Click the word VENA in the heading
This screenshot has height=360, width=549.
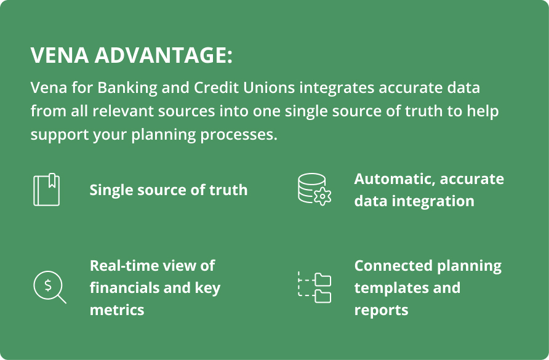(57, 55)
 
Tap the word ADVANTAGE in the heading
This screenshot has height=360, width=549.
(160, 55)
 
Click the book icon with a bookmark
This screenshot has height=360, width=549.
(47, 190)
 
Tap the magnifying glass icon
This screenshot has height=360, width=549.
(49, 287)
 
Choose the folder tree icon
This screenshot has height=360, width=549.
(314, 287)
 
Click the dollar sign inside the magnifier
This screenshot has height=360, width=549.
(46, 285)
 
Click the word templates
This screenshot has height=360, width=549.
(388, 288)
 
